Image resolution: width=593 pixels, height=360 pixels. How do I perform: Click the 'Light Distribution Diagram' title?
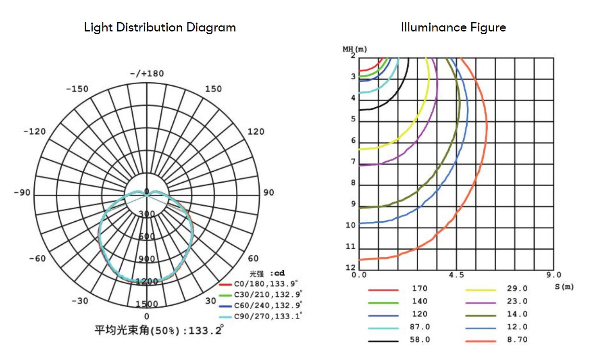point(160,27)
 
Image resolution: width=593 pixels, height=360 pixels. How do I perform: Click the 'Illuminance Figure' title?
point(454,27)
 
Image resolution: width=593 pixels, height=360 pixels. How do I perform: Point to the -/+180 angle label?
point(147,73)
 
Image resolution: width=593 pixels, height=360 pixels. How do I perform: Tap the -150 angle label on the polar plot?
point(77,89)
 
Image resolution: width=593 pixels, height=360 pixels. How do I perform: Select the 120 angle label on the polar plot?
point(256,131)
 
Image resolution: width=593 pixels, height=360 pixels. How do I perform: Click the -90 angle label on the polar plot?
point(22,192)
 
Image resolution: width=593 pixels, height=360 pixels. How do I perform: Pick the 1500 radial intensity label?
point(147,304)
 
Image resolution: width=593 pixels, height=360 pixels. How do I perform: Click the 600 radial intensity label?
point(147,236)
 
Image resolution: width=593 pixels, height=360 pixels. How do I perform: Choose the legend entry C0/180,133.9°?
point(259,284)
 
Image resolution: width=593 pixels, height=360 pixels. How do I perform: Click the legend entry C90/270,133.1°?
point(261,316)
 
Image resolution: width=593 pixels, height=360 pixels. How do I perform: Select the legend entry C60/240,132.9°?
point(261,306)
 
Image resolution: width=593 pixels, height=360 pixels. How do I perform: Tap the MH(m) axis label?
point(355,49)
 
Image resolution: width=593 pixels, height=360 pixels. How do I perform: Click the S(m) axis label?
point(564,287)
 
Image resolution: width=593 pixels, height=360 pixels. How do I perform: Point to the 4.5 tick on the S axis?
point(456,275)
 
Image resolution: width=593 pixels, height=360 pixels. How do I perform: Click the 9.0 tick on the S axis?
point(554,275)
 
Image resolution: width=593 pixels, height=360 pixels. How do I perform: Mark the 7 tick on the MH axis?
point(353,162)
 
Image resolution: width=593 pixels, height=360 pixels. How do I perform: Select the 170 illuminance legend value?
point(420,288)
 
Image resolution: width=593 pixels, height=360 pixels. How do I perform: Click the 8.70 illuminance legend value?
point(517,339)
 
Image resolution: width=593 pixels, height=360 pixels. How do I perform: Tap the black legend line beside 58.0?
point(383,341)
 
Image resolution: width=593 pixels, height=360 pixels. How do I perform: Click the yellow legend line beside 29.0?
point(481,290)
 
